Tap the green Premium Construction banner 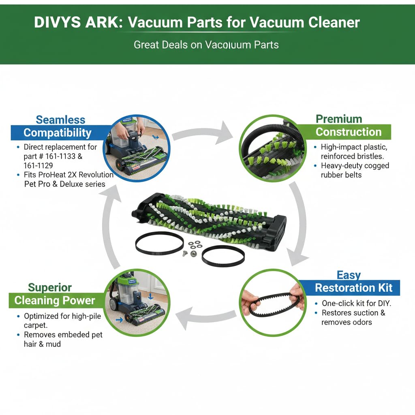[x=349, y=132]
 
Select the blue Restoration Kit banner [x=353, y=288]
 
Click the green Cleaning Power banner [x=54, y=300]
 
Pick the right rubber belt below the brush [x=223, y=255]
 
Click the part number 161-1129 [x=38, y=165]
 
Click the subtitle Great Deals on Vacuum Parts [x=206, y=45]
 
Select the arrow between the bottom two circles [x=207, y=315]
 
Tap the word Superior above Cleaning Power [x=50, y=288]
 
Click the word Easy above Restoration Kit [x=349, y=276]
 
